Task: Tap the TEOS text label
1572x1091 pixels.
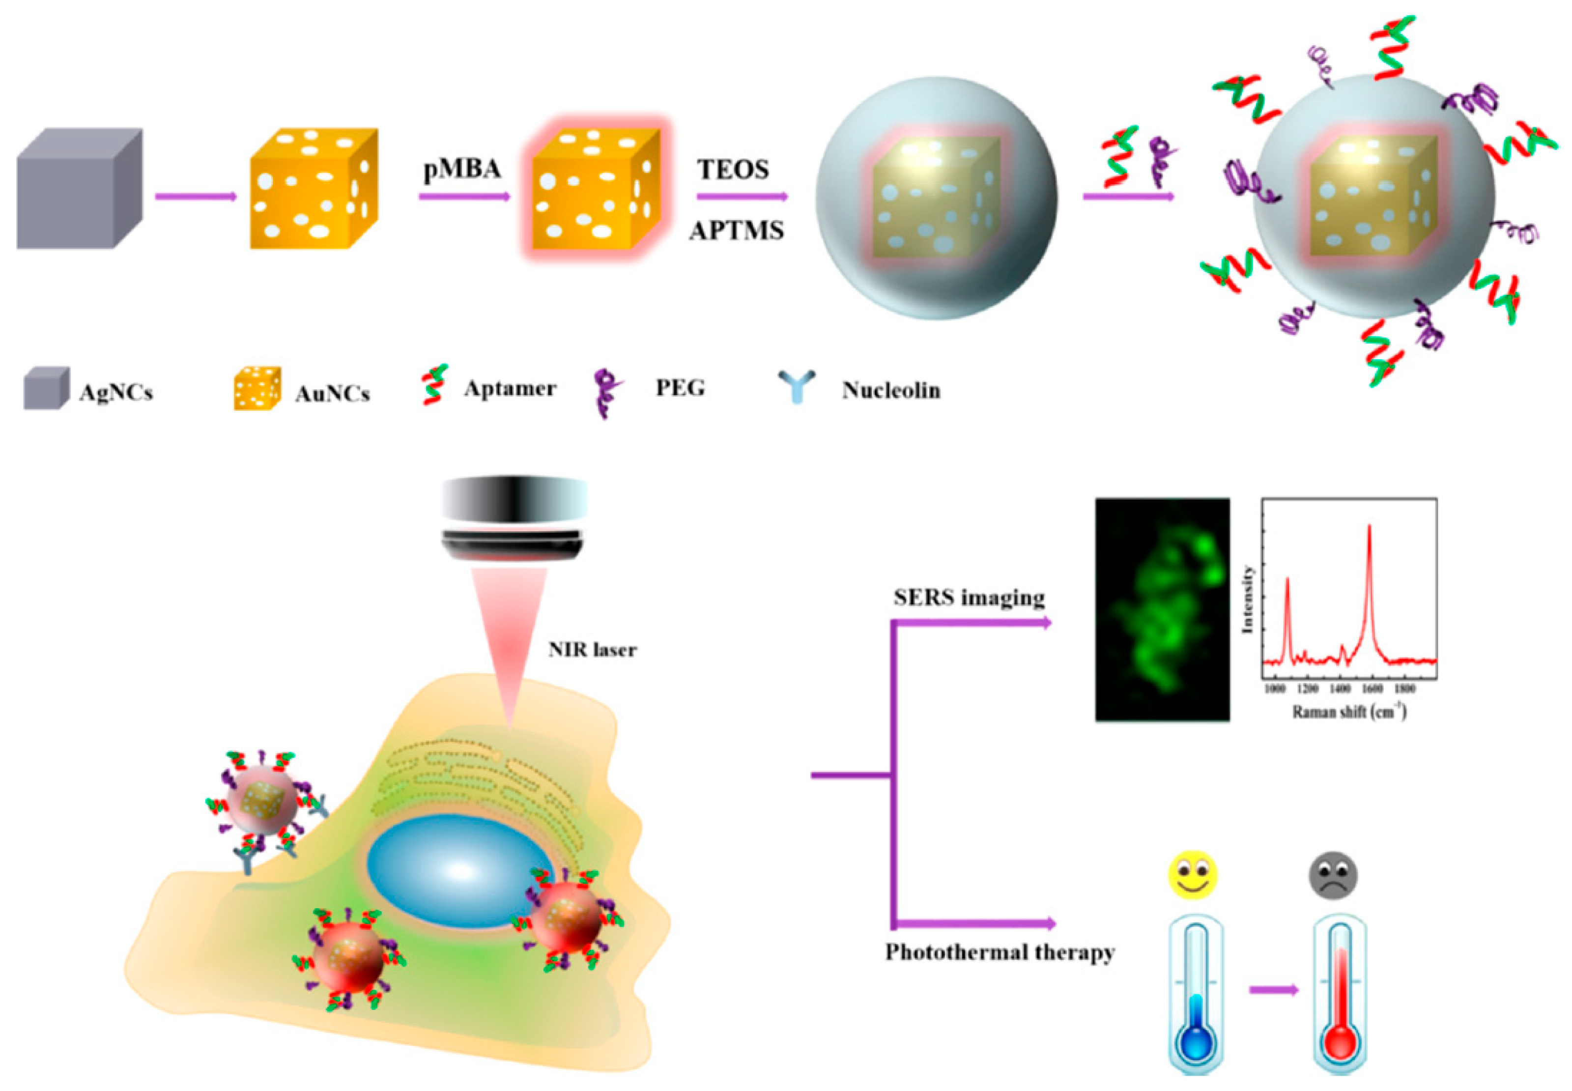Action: pyautogui.click(x=733, y=170)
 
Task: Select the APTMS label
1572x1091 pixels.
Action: pyautogui.click(x=736, y=231)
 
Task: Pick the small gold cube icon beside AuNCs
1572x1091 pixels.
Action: pyautogui.click(x=257, y=388)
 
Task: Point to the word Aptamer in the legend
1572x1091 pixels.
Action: pyautogui.click(x=510, y=388)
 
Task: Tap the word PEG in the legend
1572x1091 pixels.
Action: pyautogui.click(x=680, y=388)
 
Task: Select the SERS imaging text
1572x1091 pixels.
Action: pyautogui.click(x=969, y=598)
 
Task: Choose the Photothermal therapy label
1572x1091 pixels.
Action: pyautogui.click(x=999, y=952)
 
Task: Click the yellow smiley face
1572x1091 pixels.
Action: pyautogui.click(x=1193, y=874)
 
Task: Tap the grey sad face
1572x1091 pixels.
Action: pyautogui.click(x=1333, y=874)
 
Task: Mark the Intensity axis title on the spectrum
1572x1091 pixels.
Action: pyautogui.click(x=1247, y=599)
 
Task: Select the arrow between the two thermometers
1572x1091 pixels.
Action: pyautogui.click(x=1273, y=990)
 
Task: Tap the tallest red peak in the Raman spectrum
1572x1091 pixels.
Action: pyautogui.click(x=1369, y=526)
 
